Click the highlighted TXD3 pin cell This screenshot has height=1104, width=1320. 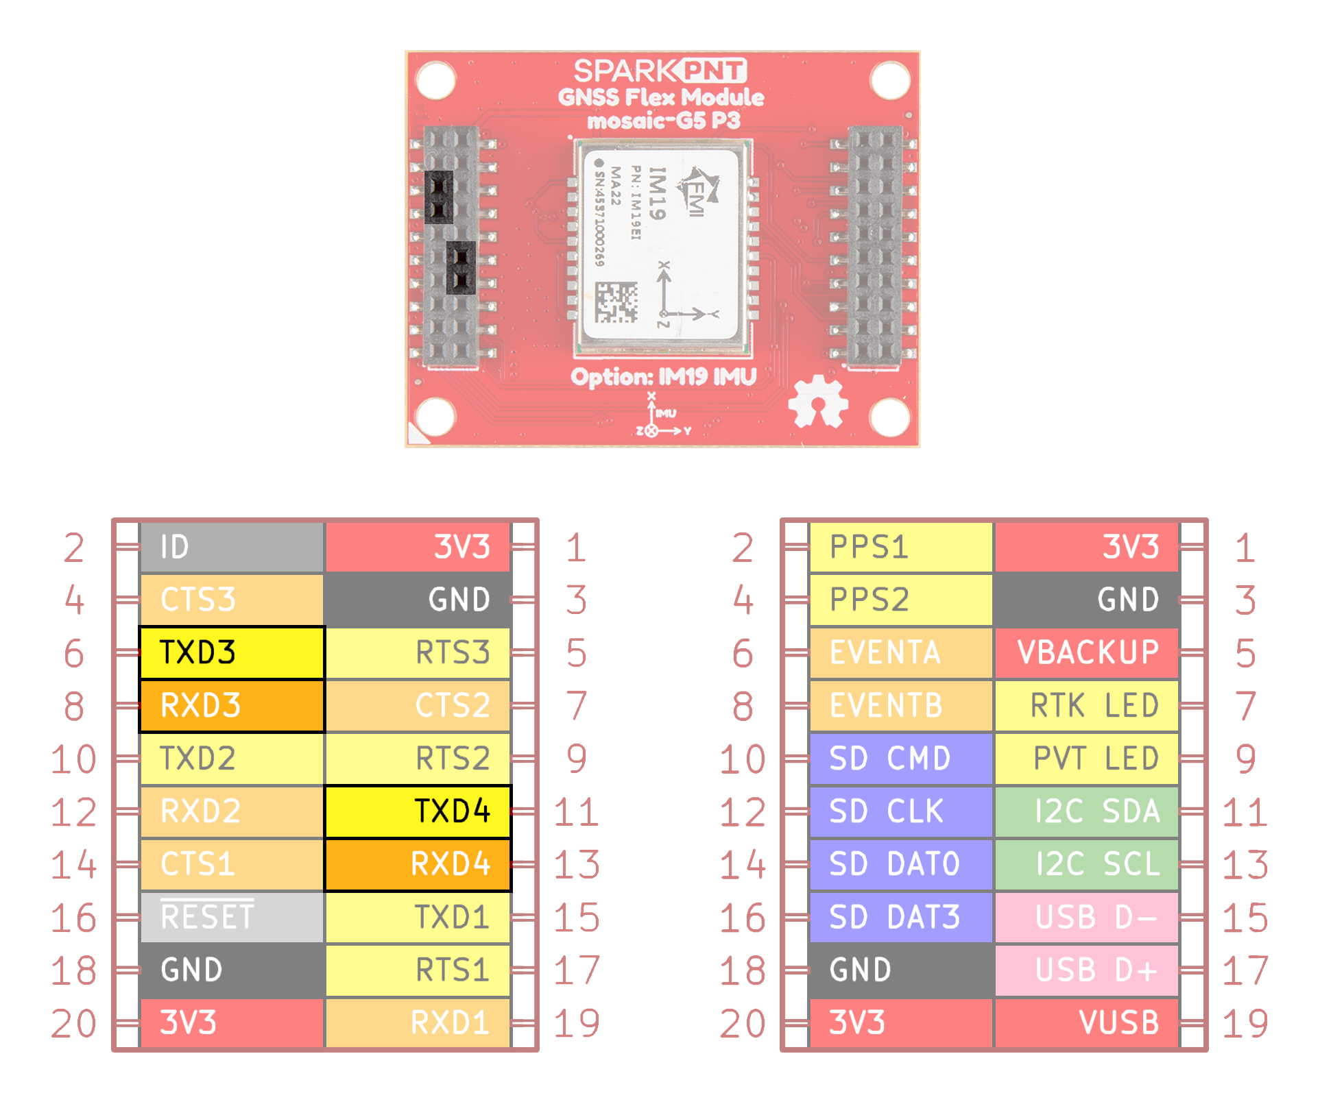click(x=231, y=652)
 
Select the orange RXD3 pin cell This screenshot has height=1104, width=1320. click(x=231, y=705)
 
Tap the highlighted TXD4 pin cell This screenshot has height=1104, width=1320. click(x=418, y=811)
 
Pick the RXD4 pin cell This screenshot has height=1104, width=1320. click(x=418, y=864)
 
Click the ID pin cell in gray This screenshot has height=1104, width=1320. click(x=231, y=547)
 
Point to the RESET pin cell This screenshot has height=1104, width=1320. click(x=231, y=917)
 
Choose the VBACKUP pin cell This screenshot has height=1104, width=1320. click(x=1087, y=652)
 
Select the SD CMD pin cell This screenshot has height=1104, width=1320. click(x=900, y=759)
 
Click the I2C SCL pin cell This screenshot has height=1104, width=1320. click(x=1087, y=864)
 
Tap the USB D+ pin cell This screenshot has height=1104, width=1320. click(x=1087, y=970)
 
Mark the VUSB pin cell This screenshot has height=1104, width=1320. click(x=1087, y=1022)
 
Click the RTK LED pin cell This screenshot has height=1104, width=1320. click(x=1087, y=705)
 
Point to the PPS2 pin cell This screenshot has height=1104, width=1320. click(x=900, y=600)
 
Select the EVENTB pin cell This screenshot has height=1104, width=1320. click(x=900, y=705)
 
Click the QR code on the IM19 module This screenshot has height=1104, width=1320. click(x=616, y=302)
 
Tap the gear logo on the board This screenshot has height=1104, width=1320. click(x=817, y=402)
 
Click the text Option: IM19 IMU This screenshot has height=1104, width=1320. click(x=663, y=377)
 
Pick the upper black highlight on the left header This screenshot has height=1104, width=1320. click(x=439, y=197)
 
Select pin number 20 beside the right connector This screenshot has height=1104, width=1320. click(x=743, y=1024)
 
